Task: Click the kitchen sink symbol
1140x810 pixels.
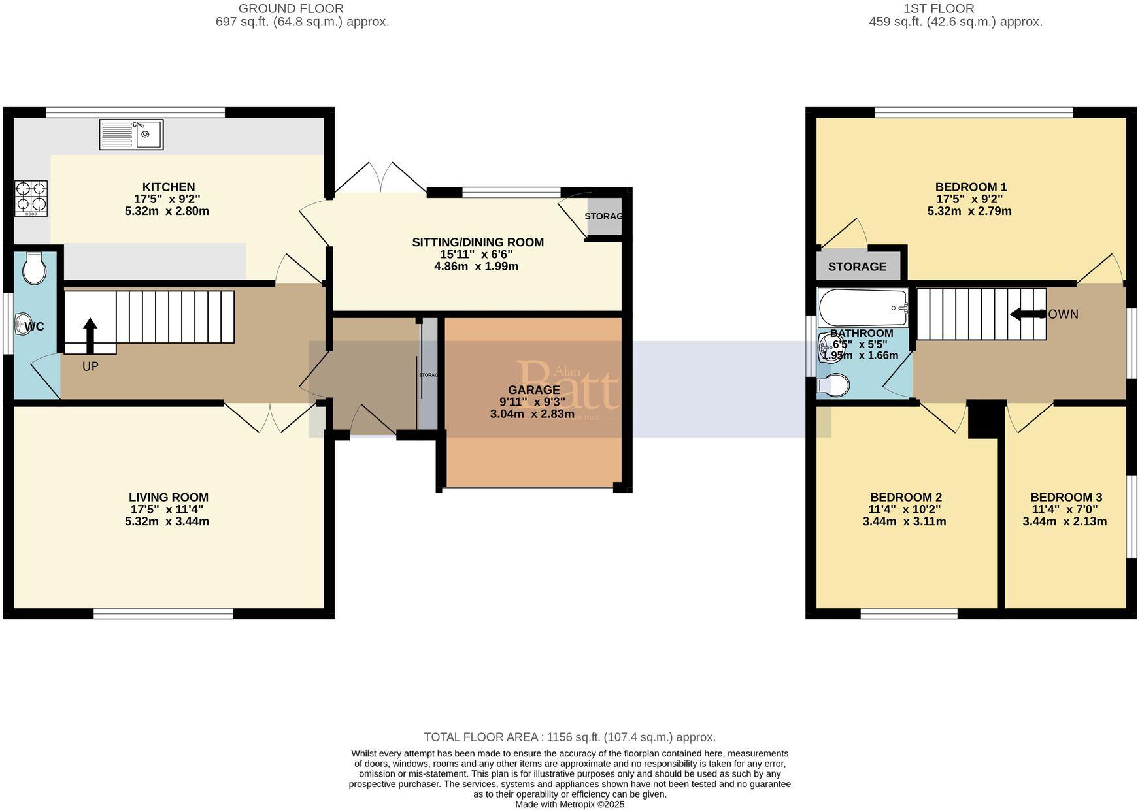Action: (x=131, y=135)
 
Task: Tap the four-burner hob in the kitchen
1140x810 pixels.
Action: (x=31, y=198)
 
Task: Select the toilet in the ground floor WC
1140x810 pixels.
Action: (x=33, y=268)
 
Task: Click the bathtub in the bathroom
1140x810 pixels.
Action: (x=863, y=308)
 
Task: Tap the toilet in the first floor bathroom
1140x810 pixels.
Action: (x=834, y=385)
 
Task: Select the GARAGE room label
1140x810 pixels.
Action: (x=533, y=390)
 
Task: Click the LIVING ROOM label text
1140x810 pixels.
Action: (x=168, y=497)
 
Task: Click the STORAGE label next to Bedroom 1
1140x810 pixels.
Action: (x=857, y=267)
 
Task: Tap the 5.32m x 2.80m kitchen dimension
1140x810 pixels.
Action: (x=167, y=211)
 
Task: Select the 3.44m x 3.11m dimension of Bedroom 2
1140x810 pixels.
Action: (x=904, y=521)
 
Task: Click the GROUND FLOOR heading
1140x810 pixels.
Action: (x=291, y=8)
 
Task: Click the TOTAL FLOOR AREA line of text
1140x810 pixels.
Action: (x=569, y=737)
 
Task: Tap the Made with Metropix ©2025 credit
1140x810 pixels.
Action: (x=569, y=804)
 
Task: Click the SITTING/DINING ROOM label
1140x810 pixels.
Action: (x=478, y=242)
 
